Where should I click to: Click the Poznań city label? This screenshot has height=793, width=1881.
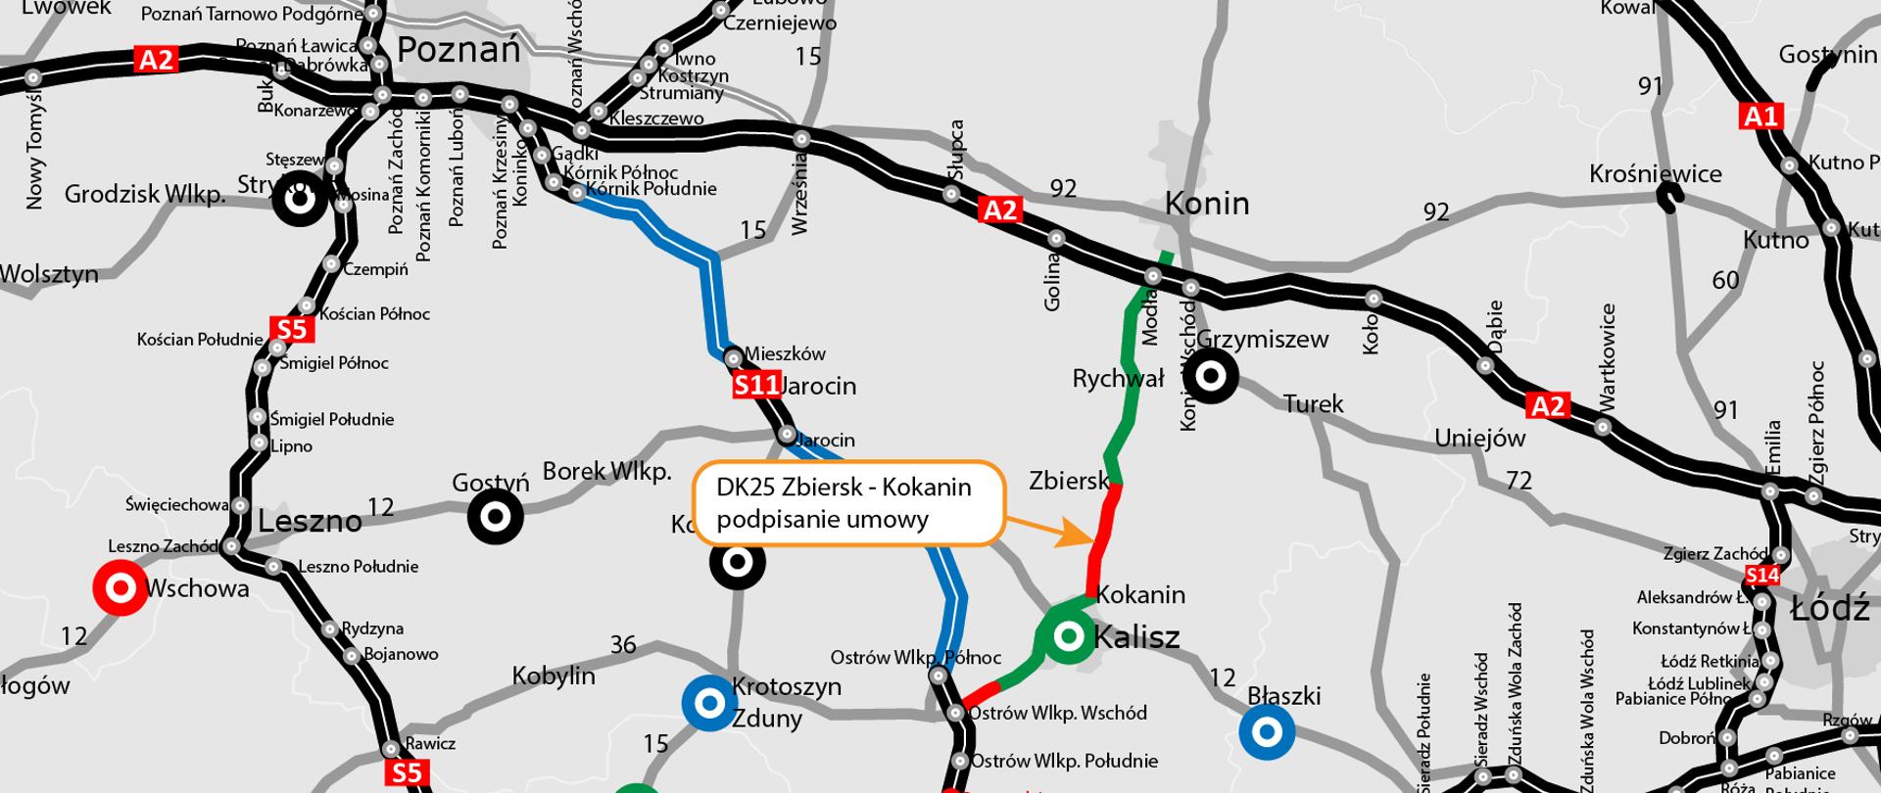458,50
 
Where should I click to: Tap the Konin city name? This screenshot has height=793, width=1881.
1207,204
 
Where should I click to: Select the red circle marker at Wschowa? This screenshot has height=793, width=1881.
120,588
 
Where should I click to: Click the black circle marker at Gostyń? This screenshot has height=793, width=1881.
495,516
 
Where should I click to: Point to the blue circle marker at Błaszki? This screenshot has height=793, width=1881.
1267,732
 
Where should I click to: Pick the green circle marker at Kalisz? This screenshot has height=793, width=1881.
1069,637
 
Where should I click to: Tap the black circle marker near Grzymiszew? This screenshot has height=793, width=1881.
1211,376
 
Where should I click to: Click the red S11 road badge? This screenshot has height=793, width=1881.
755,385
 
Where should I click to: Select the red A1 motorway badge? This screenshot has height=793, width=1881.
1760,117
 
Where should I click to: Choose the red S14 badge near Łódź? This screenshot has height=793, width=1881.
1761,576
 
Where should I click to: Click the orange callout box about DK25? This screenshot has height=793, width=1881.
847,503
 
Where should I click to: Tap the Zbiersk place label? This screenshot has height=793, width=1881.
1068,481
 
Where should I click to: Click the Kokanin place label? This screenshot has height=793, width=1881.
1140,595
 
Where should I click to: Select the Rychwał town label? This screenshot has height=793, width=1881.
1118,379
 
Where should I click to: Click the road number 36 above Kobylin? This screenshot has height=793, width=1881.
623,645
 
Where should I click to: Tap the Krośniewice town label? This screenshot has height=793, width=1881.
1655,174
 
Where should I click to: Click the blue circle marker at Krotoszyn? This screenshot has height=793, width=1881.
709,703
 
